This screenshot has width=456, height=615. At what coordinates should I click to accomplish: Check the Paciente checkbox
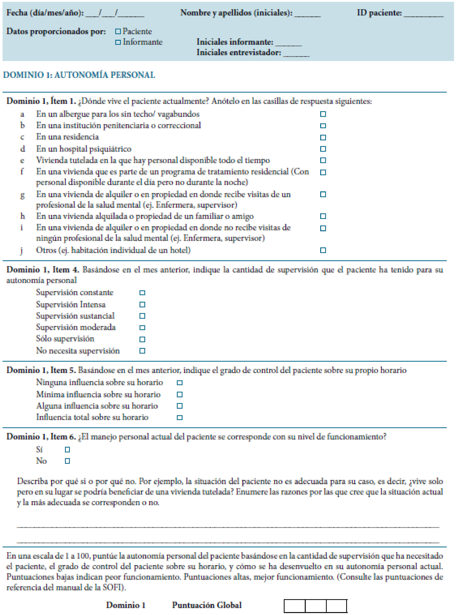118,31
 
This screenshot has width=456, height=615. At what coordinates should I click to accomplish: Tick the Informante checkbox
118,42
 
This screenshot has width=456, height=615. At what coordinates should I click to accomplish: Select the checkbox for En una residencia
323,138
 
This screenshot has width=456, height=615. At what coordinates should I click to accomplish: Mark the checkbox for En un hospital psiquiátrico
323,149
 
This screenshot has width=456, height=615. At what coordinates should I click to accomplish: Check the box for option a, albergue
323,114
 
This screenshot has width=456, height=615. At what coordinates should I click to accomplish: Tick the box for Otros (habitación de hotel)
323,250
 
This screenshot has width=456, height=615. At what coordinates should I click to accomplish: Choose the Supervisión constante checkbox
142,293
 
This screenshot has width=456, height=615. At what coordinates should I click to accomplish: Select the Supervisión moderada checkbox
142,328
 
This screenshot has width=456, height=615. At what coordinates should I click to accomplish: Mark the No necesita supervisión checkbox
142,351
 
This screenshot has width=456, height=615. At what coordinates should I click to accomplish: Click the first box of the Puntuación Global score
295,606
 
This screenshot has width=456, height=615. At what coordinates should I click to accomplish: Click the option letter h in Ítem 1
22,216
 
